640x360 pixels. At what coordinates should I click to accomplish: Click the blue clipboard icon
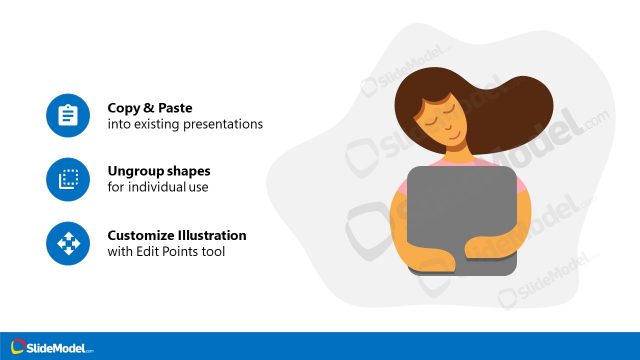click(68, 116)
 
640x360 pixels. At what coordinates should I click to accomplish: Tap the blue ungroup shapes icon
click(68, 179)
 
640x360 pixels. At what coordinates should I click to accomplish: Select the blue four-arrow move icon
click(68, 243)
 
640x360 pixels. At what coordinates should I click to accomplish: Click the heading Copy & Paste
click(151, 107)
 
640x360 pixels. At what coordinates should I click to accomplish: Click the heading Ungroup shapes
click(159, 171)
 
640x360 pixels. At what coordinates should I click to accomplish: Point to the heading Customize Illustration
click(177, 235)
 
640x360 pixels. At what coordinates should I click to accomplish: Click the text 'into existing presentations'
click(185, 125)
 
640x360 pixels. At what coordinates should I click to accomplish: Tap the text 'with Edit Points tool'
click(166, 252)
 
